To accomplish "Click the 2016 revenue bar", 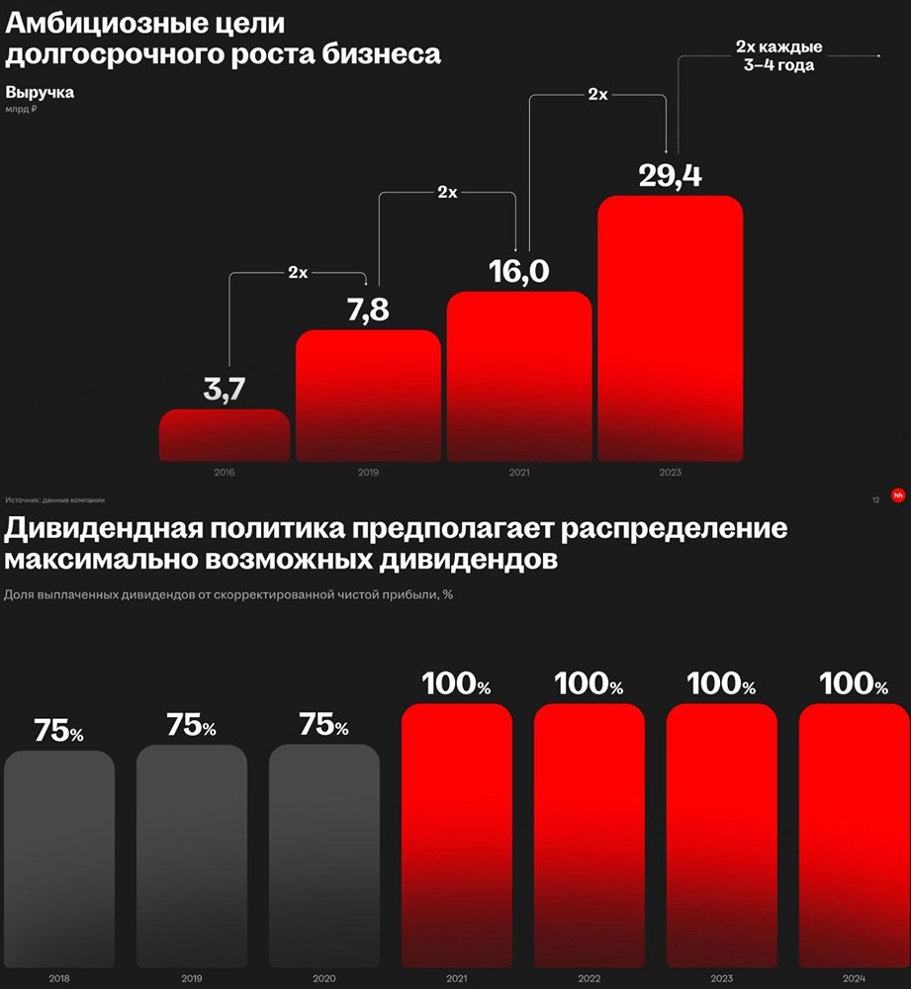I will (x=225, y=435).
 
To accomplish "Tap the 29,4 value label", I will (x=670, y=176).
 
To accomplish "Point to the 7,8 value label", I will (x=368, y=311).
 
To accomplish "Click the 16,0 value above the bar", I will (x=519, y=271).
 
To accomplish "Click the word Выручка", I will (x=40, y=93).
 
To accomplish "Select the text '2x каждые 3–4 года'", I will (x=779, y=56).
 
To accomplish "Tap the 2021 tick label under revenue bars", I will (x=519, y=473).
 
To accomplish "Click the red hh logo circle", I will (x=898, y=495).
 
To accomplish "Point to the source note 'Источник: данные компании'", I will (x=54, y=499).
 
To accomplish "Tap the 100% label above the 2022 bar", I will (x=589, y=684).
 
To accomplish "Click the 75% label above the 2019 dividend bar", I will (x=191, y=726).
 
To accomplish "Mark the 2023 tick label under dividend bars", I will (x=721, y=979).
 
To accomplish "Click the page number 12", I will (x=875, y=500).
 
